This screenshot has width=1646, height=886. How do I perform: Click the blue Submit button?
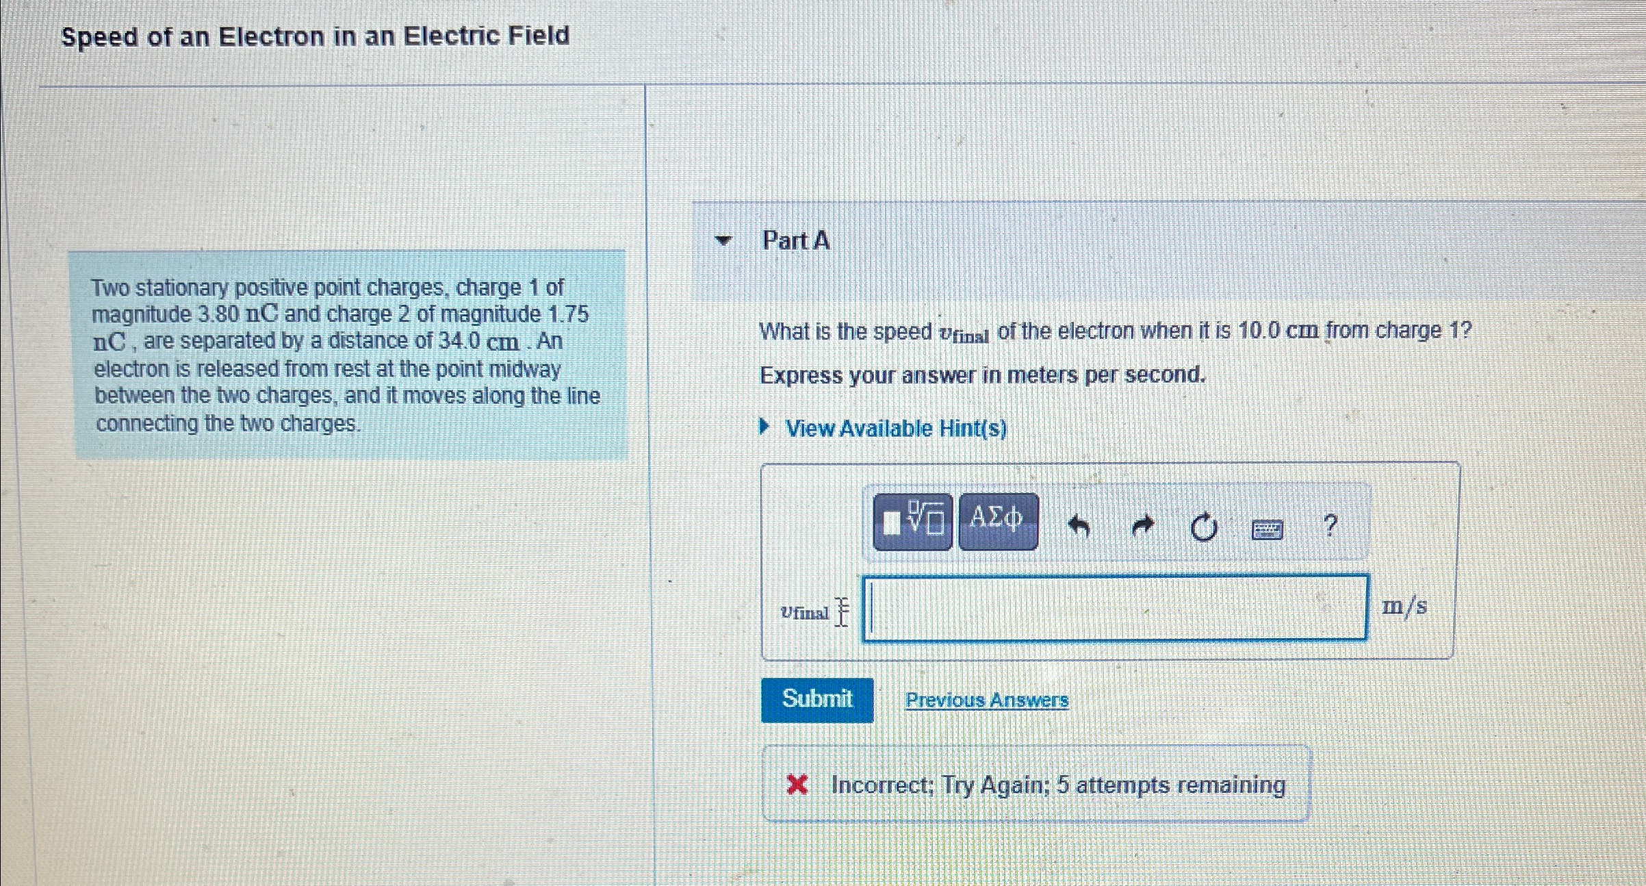point(816,699)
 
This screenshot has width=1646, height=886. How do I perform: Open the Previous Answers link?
point(986,700)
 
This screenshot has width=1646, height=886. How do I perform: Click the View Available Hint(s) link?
point(895,429)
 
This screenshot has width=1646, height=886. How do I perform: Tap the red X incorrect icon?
point(797,785)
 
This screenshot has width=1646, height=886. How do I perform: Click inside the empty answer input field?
point(1116,609)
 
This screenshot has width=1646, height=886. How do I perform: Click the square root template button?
point(912,522)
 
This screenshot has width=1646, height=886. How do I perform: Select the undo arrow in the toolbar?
point(1079,527)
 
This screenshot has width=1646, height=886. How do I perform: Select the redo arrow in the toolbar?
point(1142,527)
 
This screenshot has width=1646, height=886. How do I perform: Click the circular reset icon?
point(1203,528)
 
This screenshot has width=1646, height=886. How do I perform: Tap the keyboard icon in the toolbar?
point(1266,529)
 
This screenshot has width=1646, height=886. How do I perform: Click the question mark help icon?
point(1330,526)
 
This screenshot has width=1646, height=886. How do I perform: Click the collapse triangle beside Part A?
point(723,240)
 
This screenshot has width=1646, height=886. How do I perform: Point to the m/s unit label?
point(1404,607)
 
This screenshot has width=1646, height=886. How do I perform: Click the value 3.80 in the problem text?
point(218,314)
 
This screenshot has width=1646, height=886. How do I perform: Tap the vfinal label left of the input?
point(805,612)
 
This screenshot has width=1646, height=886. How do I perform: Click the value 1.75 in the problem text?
point(569,314)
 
